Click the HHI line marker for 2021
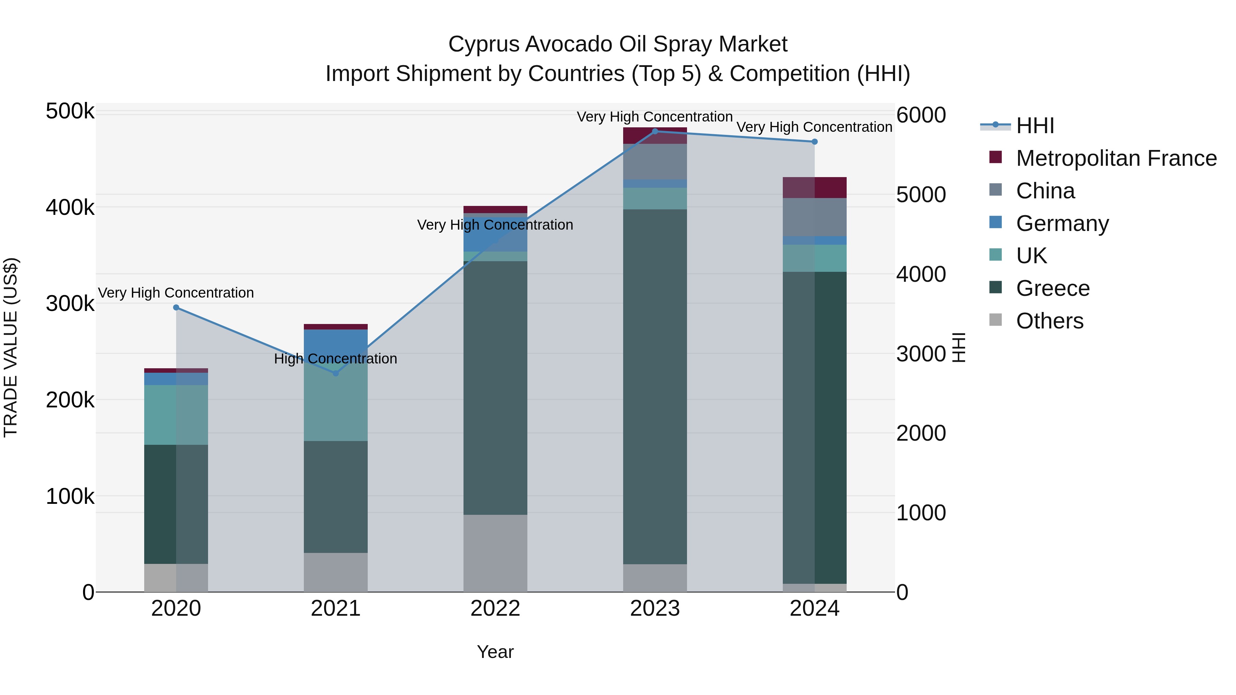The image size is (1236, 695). [335, 373]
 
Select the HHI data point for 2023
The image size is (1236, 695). [655, 131]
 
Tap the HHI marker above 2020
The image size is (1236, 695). [176, 308]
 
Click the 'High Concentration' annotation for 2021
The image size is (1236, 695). [335, 359]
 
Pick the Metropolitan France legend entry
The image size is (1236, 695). [1116, 158]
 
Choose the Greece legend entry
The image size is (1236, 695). [1053, 288]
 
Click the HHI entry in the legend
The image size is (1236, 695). [1035, 126]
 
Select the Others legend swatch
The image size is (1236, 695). [996, 320]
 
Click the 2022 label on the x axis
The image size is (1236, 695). [495, 609]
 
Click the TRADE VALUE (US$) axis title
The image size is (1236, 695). [11, 347]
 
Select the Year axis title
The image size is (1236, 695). [495, 652]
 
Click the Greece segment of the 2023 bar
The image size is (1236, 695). [655, 386]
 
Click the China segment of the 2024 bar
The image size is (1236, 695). [814, 217]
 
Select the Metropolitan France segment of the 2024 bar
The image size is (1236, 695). [814, 187]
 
